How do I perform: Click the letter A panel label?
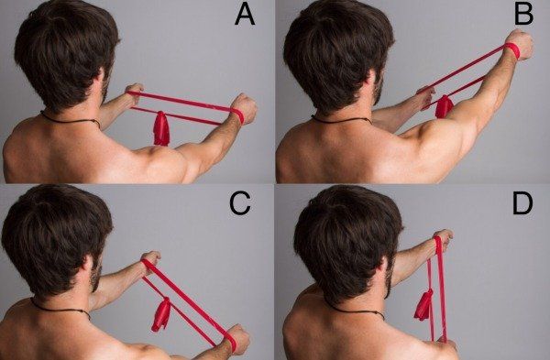click(245, 15)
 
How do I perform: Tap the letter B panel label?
click(523, 14)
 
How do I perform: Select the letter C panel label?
click(240, 204)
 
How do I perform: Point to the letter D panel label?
click(522, 203)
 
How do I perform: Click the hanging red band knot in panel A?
click(161, 128)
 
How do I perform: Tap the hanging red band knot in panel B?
click(444, 106)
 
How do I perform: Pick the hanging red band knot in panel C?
click(161, 315)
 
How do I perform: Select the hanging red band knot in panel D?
click(423, 305)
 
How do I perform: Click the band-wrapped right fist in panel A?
click(244, 109)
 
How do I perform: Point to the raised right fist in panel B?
click(520, 46)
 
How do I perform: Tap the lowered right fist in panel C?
click(238, 339)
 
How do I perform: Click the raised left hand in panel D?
click(443, 240)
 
